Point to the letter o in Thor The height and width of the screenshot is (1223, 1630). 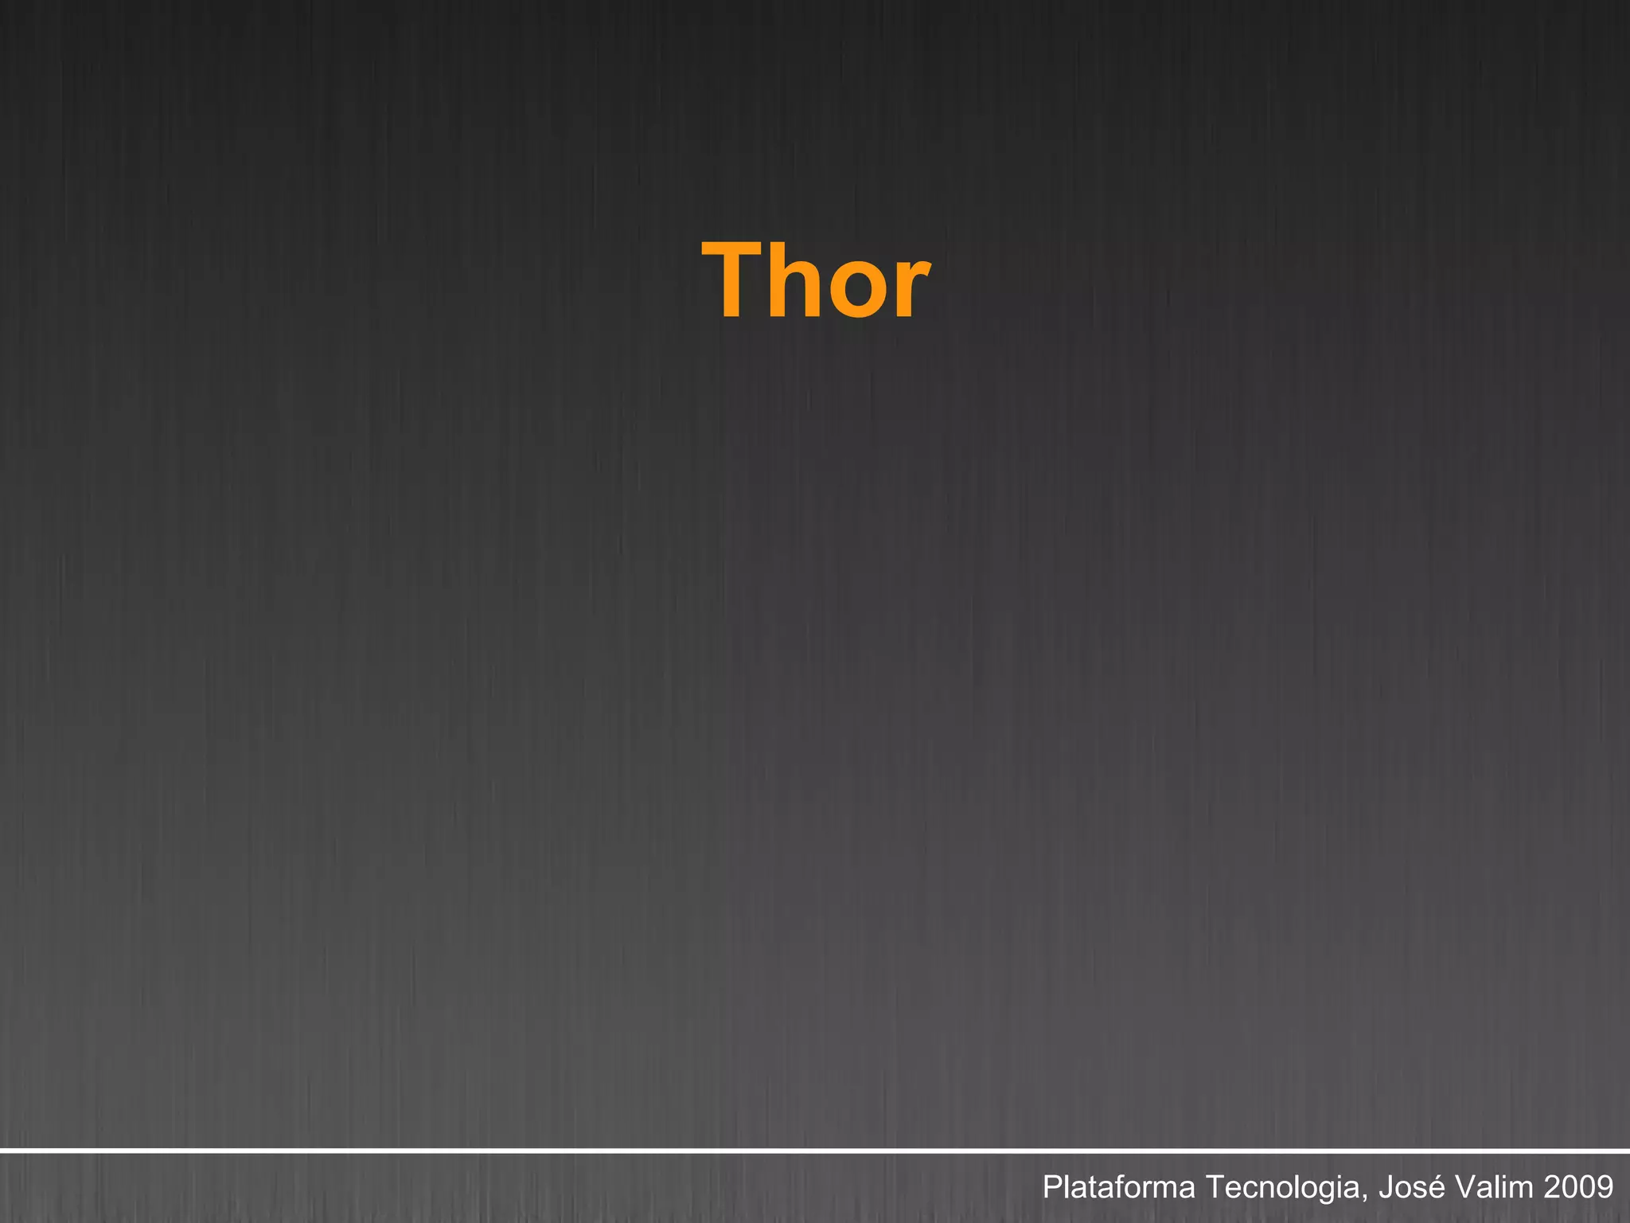point(857,290)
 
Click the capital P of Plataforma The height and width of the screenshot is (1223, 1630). point(1051,1187)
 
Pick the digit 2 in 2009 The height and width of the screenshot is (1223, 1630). point(1551,1187)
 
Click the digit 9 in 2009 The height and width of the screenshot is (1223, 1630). point(1605,1187)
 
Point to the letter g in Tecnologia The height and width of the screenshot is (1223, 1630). point(1336,1191)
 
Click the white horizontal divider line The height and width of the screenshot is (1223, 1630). point(815,1151)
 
